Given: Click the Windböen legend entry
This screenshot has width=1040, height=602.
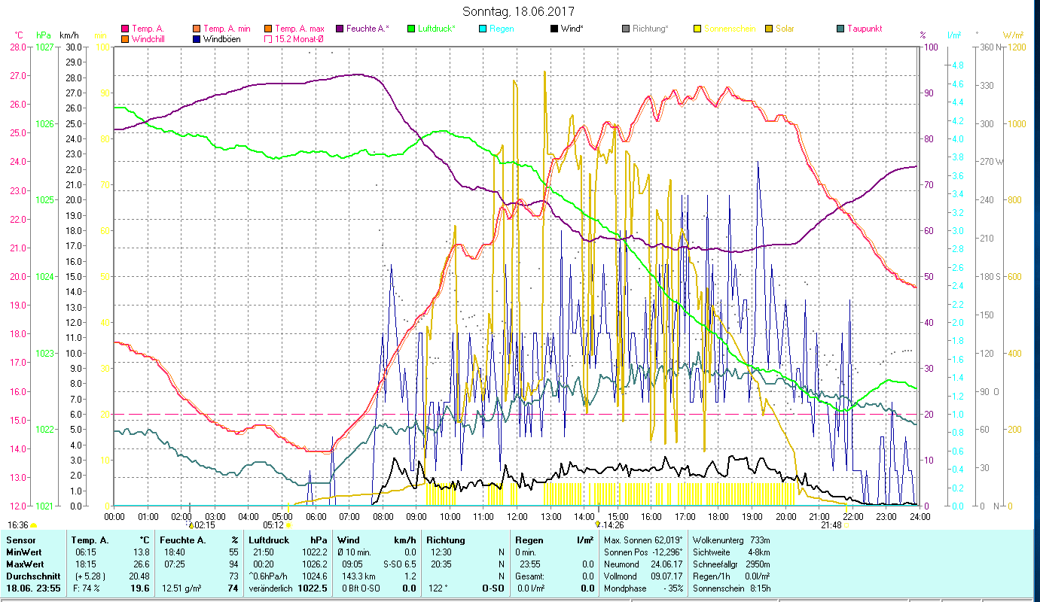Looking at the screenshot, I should [x=221, y=38].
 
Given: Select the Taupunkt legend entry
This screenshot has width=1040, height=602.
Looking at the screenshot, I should [x=864, y=29].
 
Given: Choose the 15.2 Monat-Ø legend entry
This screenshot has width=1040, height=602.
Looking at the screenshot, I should [x=299, y=38].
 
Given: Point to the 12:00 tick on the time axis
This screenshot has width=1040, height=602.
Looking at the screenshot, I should [x=517, y=516].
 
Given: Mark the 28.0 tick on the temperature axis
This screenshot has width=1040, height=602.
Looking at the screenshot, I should [x=18, y=47].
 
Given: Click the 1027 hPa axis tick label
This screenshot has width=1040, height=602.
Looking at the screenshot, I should [x=44, y=47].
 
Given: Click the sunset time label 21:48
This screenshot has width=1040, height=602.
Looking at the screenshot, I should [x=831, y=525].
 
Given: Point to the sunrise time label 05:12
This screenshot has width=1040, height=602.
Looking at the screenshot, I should [x=273, y=525].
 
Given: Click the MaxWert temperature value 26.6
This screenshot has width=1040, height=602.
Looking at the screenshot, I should [x=139, y=564].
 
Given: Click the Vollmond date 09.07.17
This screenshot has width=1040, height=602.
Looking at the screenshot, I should [x=664, y=576].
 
